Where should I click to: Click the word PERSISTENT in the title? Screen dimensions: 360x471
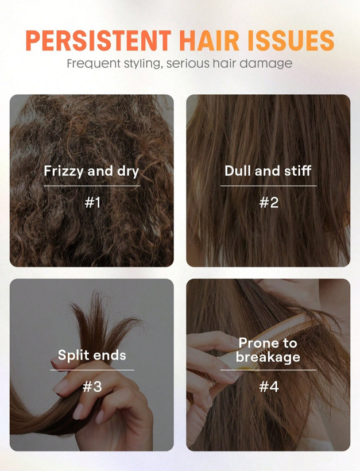point(98,40)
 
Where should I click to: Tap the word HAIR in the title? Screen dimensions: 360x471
point(209,40)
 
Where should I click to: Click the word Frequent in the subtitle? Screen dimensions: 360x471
point(94,64)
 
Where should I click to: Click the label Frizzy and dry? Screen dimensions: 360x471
point(91,171)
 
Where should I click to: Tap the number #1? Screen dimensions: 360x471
point(92,203)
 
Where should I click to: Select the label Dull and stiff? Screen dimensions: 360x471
point(268,171)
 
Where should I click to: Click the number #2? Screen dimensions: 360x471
point(269,203)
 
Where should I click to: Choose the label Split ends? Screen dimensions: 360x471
point(92,356)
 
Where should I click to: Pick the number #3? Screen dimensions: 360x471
point(92,387)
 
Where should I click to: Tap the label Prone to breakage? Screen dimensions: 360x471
point(268,350)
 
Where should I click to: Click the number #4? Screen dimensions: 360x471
point(269,387)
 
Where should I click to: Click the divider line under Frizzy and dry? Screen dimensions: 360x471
point(92,186)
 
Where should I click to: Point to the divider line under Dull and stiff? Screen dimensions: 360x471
point(269,186)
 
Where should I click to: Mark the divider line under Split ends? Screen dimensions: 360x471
point(92,370)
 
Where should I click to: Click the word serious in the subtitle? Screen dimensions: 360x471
point(188,64)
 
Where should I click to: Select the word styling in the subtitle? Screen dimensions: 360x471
point(143,64)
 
